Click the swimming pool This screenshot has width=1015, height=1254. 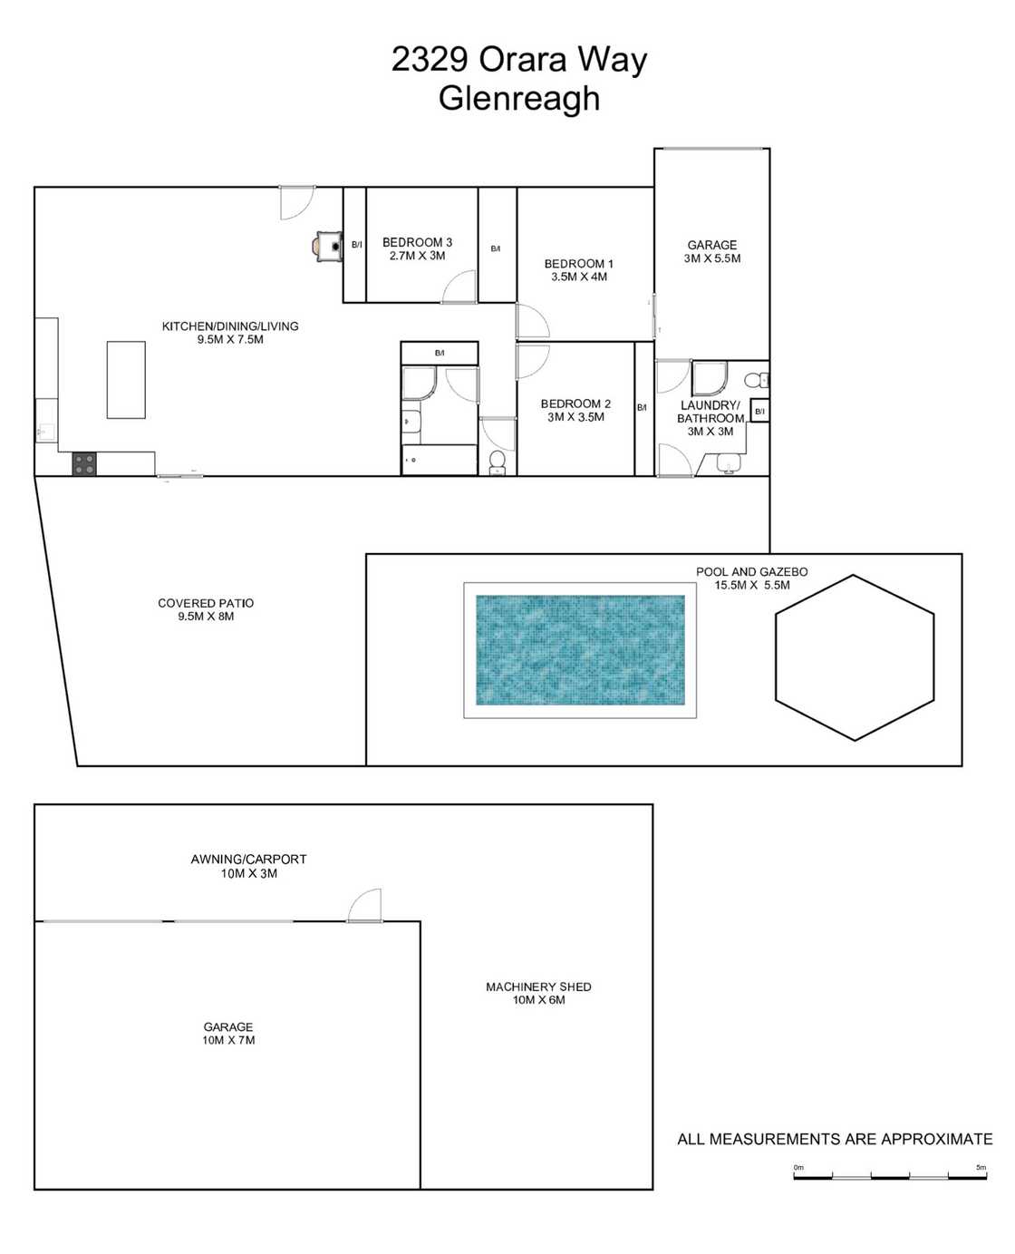pyautogui.click(x=580, y=650)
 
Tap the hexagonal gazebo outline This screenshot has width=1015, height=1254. pyautogui.click(x=854, y=657)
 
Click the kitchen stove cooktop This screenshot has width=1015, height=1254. pyautogui.click(x=84, y=464)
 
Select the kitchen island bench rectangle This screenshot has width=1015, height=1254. pyautogui.click(x=126, y=379)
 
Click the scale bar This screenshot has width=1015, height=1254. pyautogui.click(x=889, y=1177)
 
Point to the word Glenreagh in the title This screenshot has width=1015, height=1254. pyautogui.click(x=519, y=98)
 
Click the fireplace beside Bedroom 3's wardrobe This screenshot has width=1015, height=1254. pyautogui.click(x=326, y=245)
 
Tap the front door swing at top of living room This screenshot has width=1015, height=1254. pyautogui.click(x=295, y=201)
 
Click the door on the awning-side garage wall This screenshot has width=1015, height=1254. pyautogui.click(x=365, y=905)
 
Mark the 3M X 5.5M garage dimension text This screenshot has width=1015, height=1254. pyautogui.click(x=712, y=258)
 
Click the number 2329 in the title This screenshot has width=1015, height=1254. pyautogui.click(x=429, y=60)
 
